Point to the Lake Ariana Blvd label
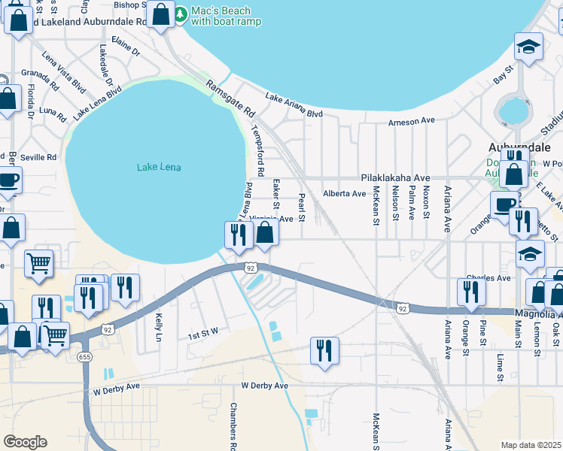[294, 105]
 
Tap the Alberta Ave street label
[344, 193]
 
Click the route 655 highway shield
[85, 357]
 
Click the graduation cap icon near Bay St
[529, 47]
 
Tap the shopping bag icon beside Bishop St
[160, 13]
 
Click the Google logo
[25, 442]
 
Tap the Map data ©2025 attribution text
[531, 445]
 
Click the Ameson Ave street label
[412, 121]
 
